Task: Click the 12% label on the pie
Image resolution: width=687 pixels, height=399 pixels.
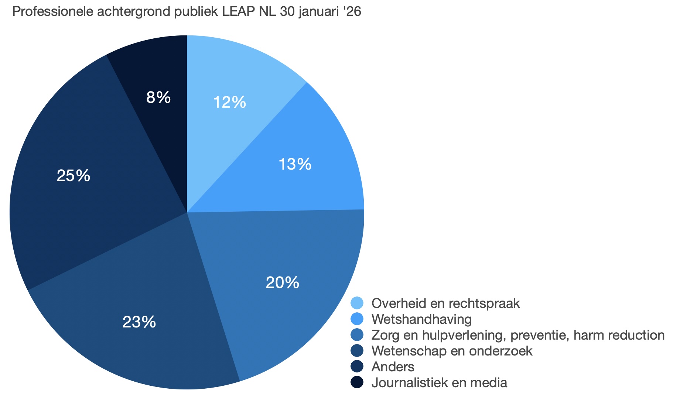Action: [x=229, y=102]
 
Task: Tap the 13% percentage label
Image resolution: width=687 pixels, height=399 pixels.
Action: [x=295, y=164]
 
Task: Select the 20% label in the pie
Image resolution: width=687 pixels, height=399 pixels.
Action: [x=282, y=282]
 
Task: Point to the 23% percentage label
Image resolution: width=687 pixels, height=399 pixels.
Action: [x=139, y=322]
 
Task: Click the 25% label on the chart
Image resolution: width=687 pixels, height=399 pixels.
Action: [x=73, y=176]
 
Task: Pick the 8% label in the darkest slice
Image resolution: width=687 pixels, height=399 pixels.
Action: [x=158, y=97]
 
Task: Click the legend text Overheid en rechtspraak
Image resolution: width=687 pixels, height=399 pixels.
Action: [x=445, y=303]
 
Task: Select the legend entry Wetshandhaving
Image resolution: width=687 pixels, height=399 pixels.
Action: [x=421, y=319]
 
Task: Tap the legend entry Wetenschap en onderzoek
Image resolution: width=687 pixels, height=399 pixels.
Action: [x=452, y=351]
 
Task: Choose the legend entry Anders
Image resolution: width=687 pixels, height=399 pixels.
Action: [x=393, y=367]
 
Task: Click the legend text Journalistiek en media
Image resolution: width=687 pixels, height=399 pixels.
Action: [x=439, y=382]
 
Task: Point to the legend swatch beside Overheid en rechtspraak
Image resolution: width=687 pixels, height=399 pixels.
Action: [x=357, y=303]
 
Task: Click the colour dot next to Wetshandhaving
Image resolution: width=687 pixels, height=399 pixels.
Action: [x=357, y=319]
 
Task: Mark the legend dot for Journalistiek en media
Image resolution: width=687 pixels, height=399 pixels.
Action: [x=357, y=382]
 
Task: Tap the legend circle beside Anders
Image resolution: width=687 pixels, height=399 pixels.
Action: [x=357, y=367]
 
